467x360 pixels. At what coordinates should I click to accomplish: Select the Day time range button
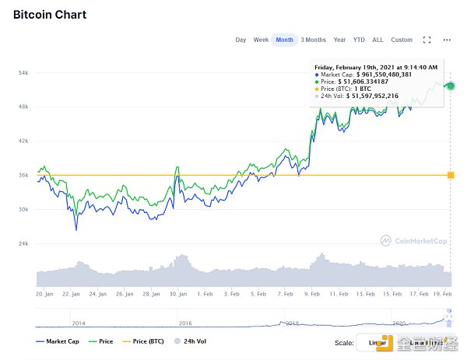(x=241, y=40)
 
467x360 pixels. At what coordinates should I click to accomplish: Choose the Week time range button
(x=261, y=40)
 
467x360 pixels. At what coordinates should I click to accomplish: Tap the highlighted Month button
(x=285, y=40)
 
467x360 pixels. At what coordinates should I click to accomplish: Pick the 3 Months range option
(x=313, y=40)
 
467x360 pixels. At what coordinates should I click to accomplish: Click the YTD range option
(x=359, y=40)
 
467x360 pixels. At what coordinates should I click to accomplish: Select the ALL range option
(x=377, y=40)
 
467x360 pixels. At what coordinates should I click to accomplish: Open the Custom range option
(x=402, y=40)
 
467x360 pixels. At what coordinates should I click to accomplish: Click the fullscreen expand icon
(x=427, y=40)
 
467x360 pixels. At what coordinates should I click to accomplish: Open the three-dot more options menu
(x=447, y=40)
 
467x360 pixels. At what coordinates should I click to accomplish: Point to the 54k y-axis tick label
(x=23, y=73)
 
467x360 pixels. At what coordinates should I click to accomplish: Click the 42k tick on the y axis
(x=23, y=142)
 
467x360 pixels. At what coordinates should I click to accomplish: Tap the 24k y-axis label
(x=23, y=244)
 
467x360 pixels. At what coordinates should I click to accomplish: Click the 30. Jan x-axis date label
(x=179, y=295)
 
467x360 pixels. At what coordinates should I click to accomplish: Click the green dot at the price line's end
(x=450, y=86)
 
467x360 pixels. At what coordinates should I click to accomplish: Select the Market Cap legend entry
(x=58, y=341)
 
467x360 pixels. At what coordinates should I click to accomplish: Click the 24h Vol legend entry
(x=191, y=341)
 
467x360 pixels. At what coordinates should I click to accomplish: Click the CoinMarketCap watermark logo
(x=413, y=241)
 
